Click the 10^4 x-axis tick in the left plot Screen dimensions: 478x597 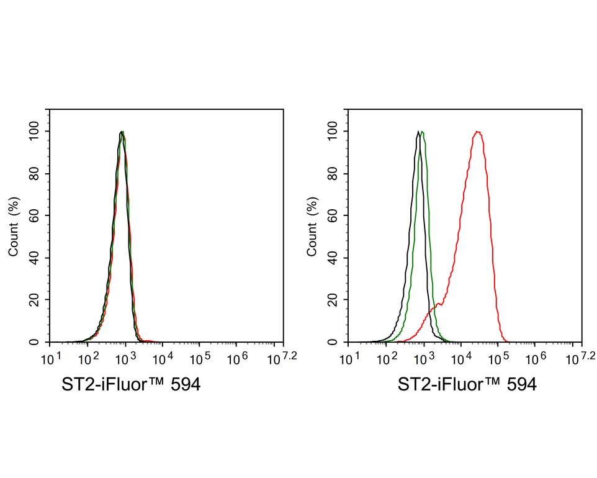(x=163, y=359)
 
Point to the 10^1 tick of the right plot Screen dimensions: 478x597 (x=349, y=359)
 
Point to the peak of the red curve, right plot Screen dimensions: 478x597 (x=477, y=132)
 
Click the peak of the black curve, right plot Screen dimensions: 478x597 (x=418, y=132)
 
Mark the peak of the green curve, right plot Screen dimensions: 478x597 (x=423, y=132)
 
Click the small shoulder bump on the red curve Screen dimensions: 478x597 (x=438, y=304)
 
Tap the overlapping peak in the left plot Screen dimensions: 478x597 (x=123, y=132)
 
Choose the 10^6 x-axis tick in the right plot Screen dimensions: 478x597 (x=535, y=359)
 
